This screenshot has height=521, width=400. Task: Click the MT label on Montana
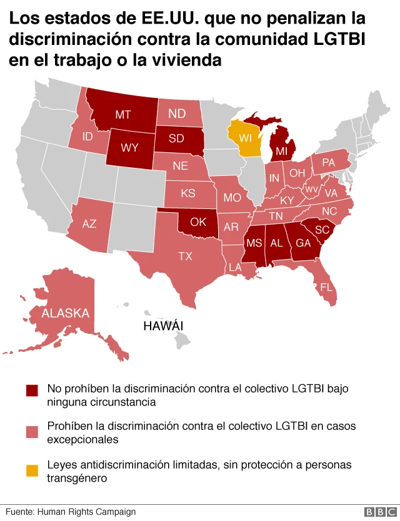(122, 114)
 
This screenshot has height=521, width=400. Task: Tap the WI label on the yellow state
(245, 137)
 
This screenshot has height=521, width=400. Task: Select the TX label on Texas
(185, 256)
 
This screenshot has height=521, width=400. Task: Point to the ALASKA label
(66, 313)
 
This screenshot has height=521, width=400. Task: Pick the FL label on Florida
(326, 288)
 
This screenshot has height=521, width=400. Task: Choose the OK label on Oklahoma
(198, 222)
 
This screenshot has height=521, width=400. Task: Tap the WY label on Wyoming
(129, 149)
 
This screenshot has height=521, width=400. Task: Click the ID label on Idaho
(88, 136)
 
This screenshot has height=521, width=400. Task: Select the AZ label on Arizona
(89, 223)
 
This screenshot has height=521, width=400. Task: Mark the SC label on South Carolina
(322, 230)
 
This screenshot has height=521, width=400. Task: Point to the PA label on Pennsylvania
(329, 162)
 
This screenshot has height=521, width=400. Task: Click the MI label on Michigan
(282, 152)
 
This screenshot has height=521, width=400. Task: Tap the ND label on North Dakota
(177, 114)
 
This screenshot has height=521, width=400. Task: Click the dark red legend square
(32, 390)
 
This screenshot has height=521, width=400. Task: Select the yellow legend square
(32, 467)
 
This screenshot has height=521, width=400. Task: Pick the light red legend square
(32, 431)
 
